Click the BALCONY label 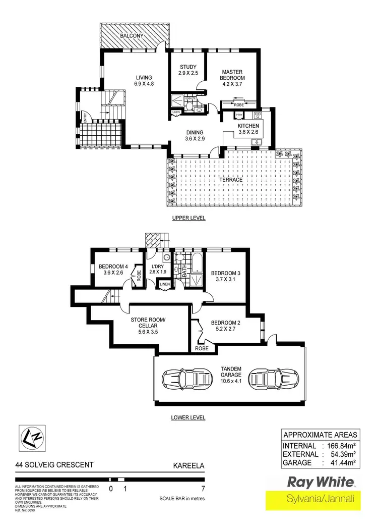click(x=132, y=36)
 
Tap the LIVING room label click(x=144, y=81)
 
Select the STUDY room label click(x=187, y=70)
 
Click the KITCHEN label click(x=248, y=129)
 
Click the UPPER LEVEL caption click(x=189, y=218)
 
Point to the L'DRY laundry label click(x=158, y=270)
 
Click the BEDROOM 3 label click(x=225, y=277)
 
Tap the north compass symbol click(x=32, y=438)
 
